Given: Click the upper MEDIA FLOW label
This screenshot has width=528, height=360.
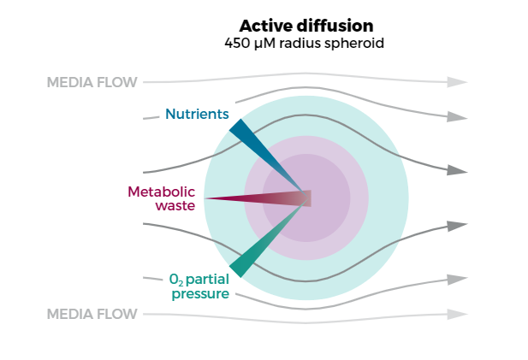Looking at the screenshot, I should pyautogui.click(x=92, y=83).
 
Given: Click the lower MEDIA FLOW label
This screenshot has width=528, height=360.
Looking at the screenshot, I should pyautogui.click(x=92, y=314).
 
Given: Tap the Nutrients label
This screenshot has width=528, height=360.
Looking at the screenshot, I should pyautogui.click(x=197, y=114).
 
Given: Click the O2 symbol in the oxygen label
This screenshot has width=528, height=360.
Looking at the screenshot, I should pyautogui.click(x=175, y=280).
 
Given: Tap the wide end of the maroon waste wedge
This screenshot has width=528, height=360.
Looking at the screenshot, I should pyautogui.click(x=210, y=198).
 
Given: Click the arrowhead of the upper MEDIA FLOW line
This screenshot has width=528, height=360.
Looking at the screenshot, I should pyautogui.click(x=458, y=82).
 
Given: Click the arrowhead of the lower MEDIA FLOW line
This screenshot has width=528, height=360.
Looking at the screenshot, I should pyautogui.click(x=458, y=314).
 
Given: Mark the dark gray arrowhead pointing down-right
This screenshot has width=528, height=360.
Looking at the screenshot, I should pyautogui.click(x=458, y=171).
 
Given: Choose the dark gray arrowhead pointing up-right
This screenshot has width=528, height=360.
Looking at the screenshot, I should pyautogui.click(x=458, y=225).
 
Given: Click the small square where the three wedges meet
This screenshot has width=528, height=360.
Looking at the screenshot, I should pyautogui.click(x=306, y=198).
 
